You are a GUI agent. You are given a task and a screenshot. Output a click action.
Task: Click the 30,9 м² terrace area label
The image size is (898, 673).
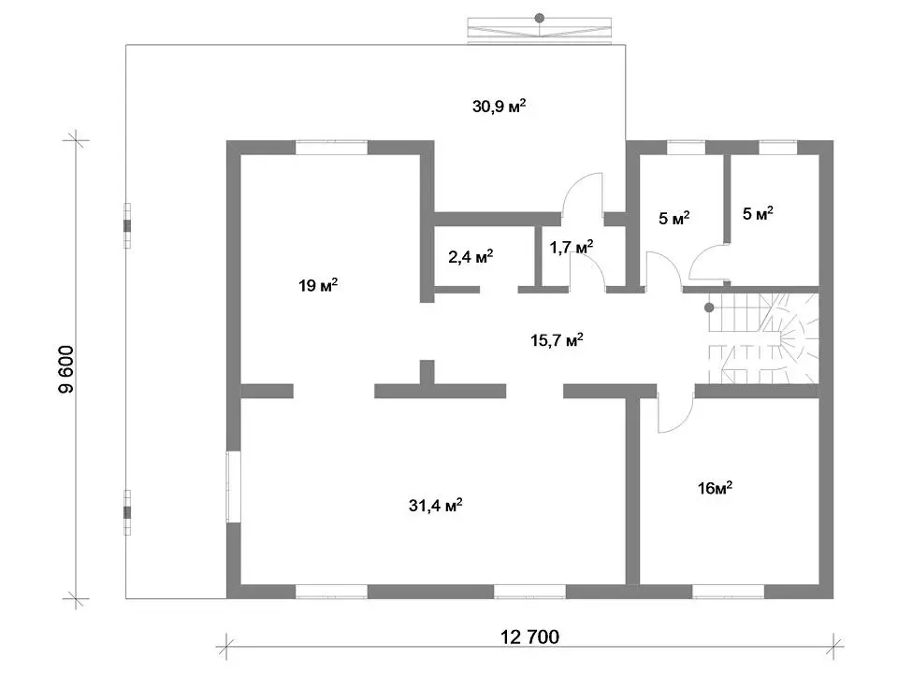point(499,106)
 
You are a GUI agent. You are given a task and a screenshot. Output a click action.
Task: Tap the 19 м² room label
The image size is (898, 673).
point(318,284)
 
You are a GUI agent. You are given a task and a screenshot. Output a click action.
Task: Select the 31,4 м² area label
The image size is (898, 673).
point(435,505)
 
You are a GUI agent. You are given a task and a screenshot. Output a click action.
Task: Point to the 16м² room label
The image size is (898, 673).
point(715,488)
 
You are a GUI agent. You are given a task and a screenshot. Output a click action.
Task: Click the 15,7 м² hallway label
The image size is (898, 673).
point(557,340)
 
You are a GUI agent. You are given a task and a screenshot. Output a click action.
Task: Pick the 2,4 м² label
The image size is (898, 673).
point(471,256)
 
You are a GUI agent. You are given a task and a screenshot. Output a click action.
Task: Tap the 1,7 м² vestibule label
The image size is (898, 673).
point(571,247)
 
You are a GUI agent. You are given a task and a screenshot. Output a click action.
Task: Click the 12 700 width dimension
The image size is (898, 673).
point(529,637)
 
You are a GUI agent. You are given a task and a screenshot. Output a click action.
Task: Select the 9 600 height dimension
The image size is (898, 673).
point(66,369)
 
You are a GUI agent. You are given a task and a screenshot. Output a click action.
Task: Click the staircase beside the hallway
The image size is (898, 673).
point(763,338)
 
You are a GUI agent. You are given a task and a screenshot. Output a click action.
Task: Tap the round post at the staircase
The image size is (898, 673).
point(709,308)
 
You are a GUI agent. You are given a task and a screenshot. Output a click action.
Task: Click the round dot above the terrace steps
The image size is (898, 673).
point(540,18)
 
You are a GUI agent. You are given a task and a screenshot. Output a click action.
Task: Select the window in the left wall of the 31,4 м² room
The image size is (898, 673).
point(233,486)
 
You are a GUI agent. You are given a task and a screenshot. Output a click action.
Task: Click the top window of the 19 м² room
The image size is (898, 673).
point(331,148)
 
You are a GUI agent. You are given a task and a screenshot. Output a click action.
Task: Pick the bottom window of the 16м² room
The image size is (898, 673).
point(728,592)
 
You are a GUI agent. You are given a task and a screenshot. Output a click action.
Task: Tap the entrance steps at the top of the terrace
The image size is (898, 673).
point(540,30)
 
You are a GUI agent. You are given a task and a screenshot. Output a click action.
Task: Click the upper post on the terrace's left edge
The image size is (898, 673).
point(127,225)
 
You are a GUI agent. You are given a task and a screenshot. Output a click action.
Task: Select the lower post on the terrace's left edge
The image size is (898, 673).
point(127,512)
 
